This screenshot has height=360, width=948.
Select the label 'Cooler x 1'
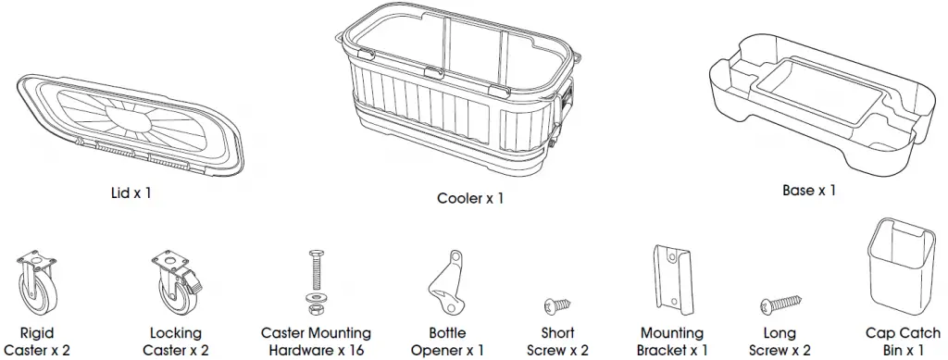click(x=470, y=198)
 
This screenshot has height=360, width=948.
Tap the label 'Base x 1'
click(x=808, y=190)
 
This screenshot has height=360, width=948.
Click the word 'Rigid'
click(x=37, y=333)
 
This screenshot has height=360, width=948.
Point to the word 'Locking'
click(x=175, y=333)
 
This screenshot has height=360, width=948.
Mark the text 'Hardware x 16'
click(x=317, y=350)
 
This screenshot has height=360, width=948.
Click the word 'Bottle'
click(x=448, y=333)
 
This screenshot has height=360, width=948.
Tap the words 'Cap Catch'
click(x=903, y=333)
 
